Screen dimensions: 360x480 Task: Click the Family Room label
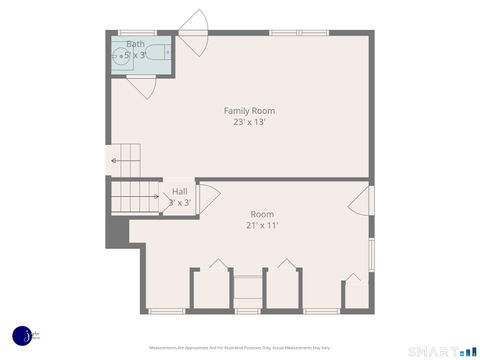249,110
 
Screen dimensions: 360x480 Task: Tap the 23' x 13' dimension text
249,122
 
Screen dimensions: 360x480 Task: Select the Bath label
135,44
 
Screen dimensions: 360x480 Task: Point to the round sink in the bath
121,56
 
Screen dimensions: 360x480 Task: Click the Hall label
179,191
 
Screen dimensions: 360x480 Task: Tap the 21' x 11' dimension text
262,225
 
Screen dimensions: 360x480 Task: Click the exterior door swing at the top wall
193,33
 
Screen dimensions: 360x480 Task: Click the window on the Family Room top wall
299,33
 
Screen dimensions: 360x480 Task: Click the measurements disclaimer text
240,347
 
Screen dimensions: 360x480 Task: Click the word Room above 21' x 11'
262,214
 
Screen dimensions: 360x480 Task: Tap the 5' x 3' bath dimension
135,55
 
